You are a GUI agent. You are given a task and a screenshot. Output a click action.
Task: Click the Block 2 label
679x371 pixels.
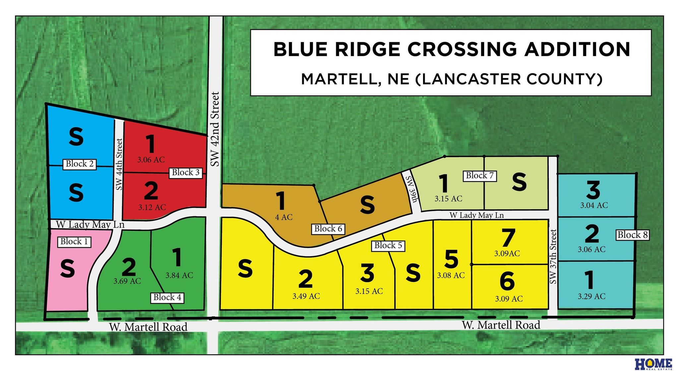click(80, 164)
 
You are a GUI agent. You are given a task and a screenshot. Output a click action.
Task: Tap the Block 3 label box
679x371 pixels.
click(186, 172)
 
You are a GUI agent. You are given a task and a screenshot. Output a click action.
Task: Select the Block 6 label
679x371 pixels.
click(328, 229)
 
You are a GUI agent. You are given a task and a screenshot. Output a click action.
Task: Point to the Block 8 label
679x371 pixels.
click(632, 235)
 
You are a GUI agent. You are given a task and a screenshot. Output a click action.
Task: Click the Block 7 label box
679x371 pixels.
click(479, 175)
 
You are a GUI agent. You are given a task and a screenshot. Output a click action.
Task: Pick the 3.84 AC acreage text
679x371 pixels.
click(179, 275)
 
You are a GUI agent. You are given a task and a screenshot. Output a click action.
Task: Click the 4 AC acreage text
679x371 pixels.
click(283, 217)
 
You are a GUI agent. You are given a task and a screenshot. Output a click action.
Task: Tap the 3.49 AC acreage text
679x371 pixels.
click(306, 296)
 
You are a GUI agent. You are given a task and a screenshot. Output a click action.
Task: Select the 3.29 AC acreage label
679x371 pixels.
click(591, 296)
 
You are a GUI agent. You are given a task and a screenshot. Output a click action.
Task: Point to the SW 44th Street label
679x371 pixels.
click(119, 164)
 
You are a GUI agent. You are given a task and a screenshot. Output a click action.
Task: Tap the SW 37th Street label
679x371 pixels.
click(553, 256)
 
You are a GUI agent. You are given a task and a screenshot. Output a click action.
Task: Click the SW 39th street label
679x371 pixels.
click(411, 189)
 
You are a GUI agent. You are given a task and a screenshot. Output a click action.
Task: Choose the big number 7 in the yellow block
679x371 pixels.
click(508, 238)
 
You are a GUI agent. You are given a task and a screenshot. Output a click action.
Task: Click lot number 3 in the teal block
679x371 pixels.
click(593, 190)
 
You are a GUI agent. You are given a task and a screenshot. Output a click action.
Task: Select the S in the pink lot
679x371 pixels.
click(68, 268)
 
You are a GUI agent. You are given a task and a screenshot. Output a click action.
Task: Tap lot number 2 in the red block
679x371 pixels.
click(151, 191)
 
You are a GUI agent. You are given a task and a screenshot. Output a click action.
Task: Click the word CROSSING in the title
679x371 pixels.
click(462, 49)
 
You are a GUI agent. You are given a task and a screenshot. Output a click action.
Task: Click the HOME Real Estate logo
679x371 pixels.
click(653, 364)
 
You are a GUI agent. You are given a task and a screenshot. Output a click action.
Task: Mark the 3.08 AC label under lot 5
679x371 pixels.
click(451, 275)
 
